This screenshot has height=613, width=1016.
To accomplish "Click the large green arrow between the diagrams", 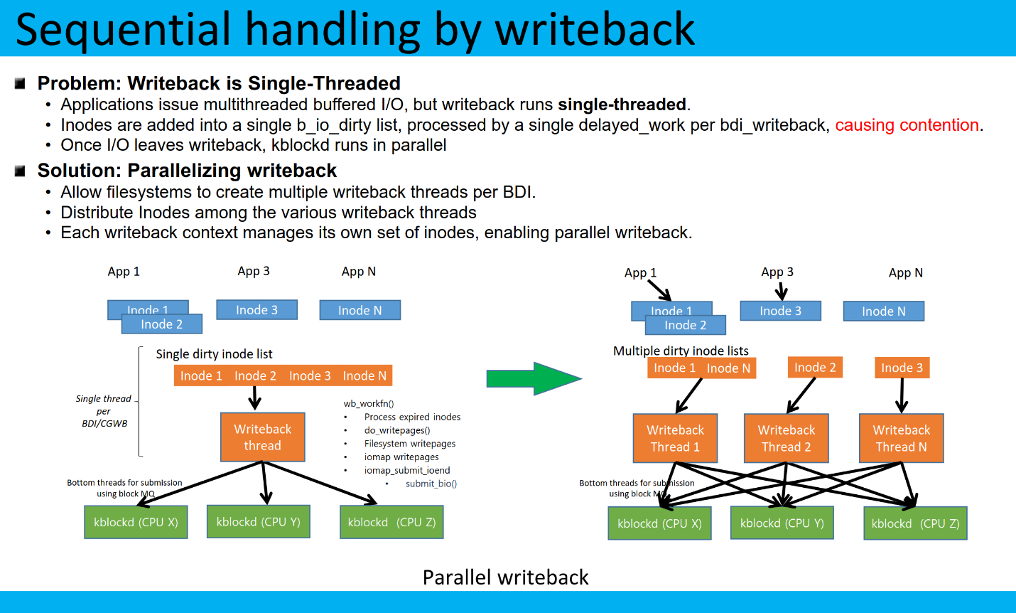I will [x=533, y=378].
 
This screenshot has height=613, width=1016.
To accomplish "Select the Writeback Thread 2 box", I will [x=786, y=438].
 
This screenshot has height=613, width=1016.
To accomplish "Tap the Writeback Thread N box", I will [x=901, y=438].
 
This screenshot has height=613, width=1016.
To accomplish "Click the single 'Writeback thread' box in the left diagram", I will [x=262, y=437].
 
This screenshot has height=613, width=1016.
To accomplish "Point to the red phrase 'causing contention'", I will [x=907, y=125].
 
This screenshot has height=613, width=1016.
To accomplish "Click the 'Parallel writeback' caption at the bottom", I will [x=505, y=577].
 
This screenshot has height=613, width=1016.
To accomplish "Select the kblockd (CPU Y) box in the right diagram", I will [x=782, y=523].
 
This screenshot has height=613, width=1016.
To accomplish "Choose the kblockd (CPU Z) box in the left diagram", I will [x=391, y=522].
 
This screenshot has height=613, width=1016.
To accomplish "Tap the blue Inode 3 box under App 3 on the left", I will [x=256, y=310].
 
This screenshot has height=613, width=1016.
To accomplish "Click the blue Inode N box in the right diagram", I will [x=883, y=311].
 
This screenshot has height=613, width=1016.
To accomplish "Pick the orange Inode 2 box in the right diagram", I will [x=815, y=368].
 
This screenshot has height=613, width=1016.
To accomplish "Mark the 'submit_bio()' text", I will [x=431, y=484].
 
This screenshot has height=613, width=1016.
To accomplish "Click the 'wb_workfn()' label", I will [x=368, y=403].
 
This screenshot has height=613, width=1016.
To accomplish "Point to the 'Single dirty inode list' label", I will [x=214, y=354].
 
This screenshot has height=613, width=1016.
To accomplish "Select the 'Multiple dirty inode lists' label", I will [x=681, y=351].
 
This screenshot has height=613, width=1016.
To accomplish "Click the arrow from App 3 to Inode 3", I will [x=781, y=291].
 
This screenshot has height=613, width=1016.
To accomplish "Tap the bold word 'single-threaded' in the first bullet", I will [x=622, y=105].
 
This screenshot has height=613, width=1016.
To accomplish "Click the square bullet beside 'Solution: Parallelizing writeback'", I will [x=20, y=171].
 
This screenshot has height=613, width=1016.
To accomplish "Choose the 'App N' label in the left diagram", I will [x=358, y=272].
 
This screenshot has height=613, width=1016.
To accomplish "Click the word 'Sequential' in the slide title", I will [x=123, y=30].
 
